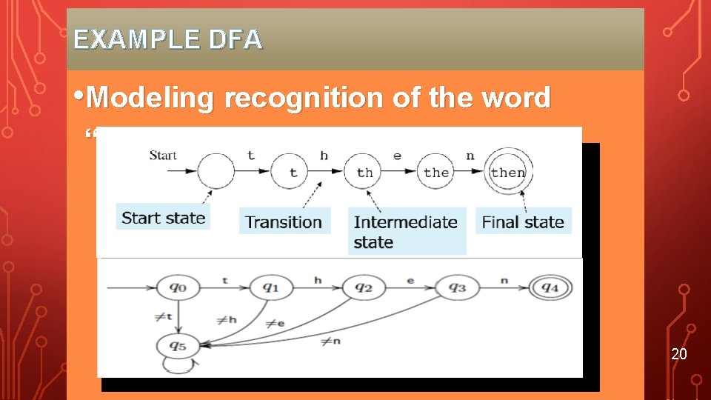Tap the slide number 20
coord(679,354)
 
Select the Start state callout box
coord(163,218)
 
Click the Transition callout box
coord(284,221)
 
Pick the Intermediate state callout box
coord(406,232)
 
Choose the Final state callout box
coord(523,221)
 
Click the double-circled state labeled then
coord(508,173)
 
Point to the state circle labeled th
coord(364,173)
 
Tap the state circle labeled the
coord(435,173)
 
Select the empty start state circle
coord(216,172)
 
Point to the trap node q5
coord(175,344)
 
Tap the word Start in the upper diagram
coord(163,155)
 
